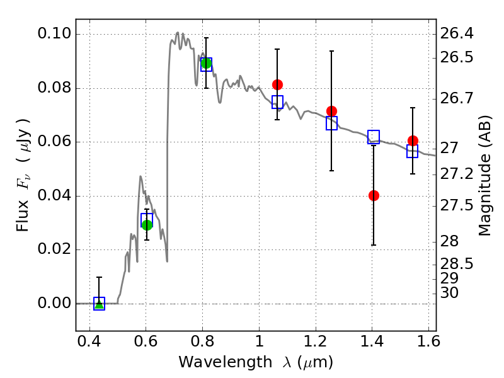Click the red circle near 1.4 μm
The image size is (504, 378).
(x=374, y=195)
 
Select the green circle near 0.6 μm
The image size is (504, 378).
(x=147, y=225)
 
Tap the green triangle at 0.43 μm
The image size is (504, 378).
(x=99, y=304)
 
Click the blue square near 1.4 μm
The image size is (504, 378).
(x=374, y=137)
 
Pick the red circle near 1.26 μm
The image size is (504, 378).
(x=331, y=111)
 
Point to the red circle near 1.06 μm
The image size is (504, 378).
(x=277, y=84)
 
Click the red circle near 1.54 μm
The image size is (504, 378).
(x=413, y=140)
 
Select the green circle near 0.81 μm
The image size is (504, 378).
(x=206, y=63)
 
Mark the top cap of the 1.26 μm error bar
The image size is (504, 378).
(x=331, y=51)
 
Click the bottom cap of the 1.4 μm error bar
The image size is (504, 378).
(x=374, y=245)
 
